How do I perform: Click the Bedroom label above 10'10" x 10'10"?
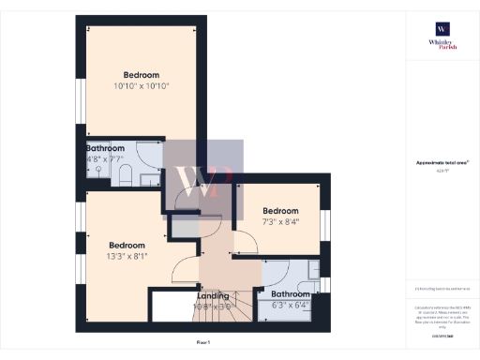tap(140, 75)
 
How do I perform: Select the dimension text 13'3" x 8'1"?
tap(127, 254)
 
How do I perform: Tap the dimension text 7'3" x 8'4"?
tap(280, 222)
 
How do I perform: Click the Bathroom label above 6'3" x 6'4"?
tap(291, 293)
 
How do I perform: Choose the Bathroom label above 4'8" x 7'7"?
tap(106, 148)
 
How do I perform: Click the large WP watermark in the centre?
tap(204, 178)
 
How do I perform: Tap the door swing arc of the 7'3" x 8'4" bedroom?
tap(246, 242)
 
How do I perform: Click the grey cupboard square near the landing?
tap(185, 228)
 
